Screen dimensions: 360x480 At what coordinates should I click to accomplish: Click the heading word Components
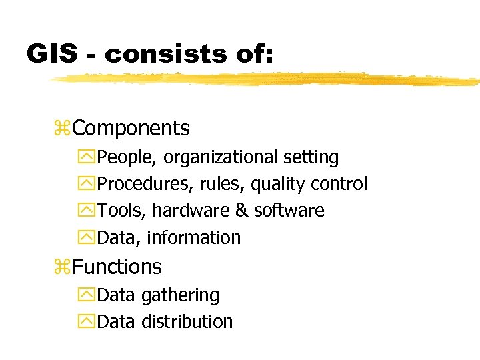click(x=131, y=128)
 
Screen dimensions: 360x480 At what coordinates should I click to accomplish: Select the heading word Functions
click(x=117, y=267)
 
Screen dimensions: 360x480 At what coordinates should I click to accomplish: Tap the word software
click(x=289, y=211)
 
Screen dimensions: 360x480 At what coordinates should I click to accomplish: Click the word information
click(x=194, y=237)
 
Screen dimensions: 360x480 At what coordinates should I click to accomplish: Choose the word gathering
click(x=179, y=295)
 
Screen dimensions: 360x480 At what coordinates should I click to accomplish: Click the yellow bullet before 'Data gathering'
click(x=87, y=295)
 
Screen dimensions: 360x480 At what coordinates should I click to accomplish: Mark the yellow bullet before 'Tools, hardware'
click(x=87, y=211)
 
